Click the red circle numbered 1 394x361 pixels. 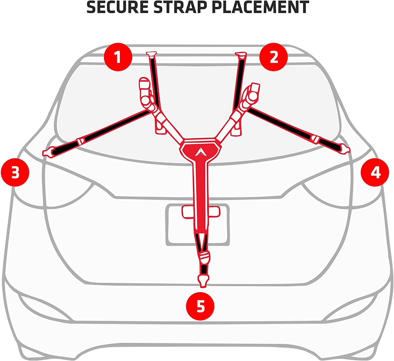[x=118, y=57]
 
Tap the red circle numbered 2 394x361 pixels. [x=273, y=57]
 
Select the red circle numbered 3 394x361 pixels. [x=15, y=172]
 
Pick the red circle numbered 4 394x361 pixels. [x=375, y=172]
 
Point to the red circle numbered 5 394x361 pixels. [x=200, y=306]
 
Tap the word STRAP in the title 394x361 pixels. [x=180, y=7]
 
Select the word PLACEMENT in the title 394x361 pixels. [x=260, y=7]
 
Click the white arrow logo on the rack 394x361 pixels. [x=200, y=152]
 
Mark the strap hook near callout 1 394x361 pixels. [x=151, y=54]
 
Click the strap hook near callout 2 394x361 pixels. [x=241, y=55]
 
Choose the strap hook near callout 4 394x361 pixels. [x=345, y=149]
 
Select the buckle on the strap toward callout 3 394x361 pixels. [x=80, y=141]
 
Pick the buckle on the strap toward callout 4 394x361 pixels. [x=315, y=139]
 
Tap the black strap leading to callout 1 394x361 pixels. [x=154, y=81]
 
